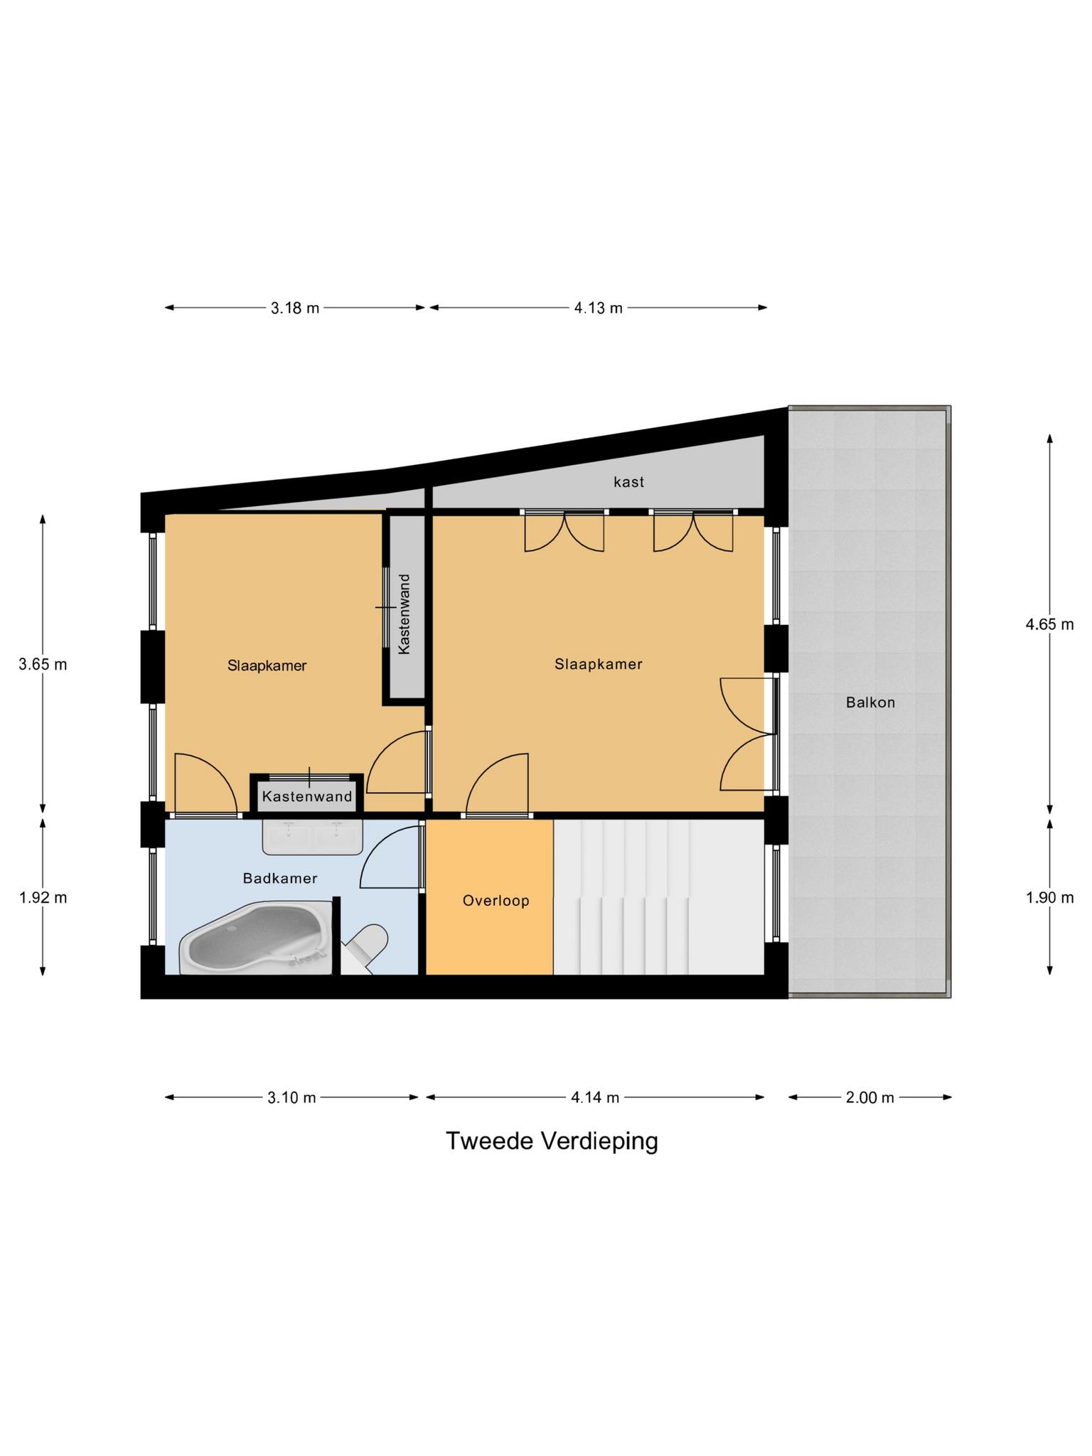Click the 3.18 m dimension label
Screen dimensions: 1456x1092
[294, 308]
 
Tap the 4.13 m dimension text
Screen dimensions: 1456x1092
[598, 308]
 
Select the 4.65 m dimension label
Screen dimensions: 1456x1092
[1049, 625]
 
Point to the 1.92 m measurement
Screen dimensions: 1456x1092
[43, 897]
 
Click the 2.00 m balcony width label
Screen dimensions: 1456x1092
[869, 1098]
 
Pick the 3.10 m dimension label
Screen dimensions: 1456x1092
[291, 1098]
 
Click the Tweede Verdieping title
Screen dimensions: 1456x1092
[552, 1141]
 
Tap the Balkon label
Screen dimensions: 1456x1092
[870, 703]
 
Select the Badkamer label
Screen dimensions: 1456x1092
[280, 879]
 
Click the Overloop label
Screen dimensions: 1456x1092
[496, 901]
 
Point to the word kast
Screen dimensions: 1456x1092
[628, 482]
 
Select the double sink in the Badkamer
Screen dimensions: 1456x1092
[312, 836]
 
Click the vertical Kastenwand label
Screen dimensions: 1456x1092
[405, 614]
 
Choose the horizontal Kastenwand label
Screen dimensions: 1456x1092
[307, 796]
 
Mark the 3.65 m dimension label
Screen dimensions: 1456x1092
[43, 665]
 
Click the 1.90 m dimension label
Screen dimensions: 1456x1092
[1049, 897]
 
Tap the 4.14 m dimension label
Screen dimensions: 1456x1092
[595, 1098]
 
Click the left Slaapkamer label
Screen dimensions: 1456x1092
[267, 666]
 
